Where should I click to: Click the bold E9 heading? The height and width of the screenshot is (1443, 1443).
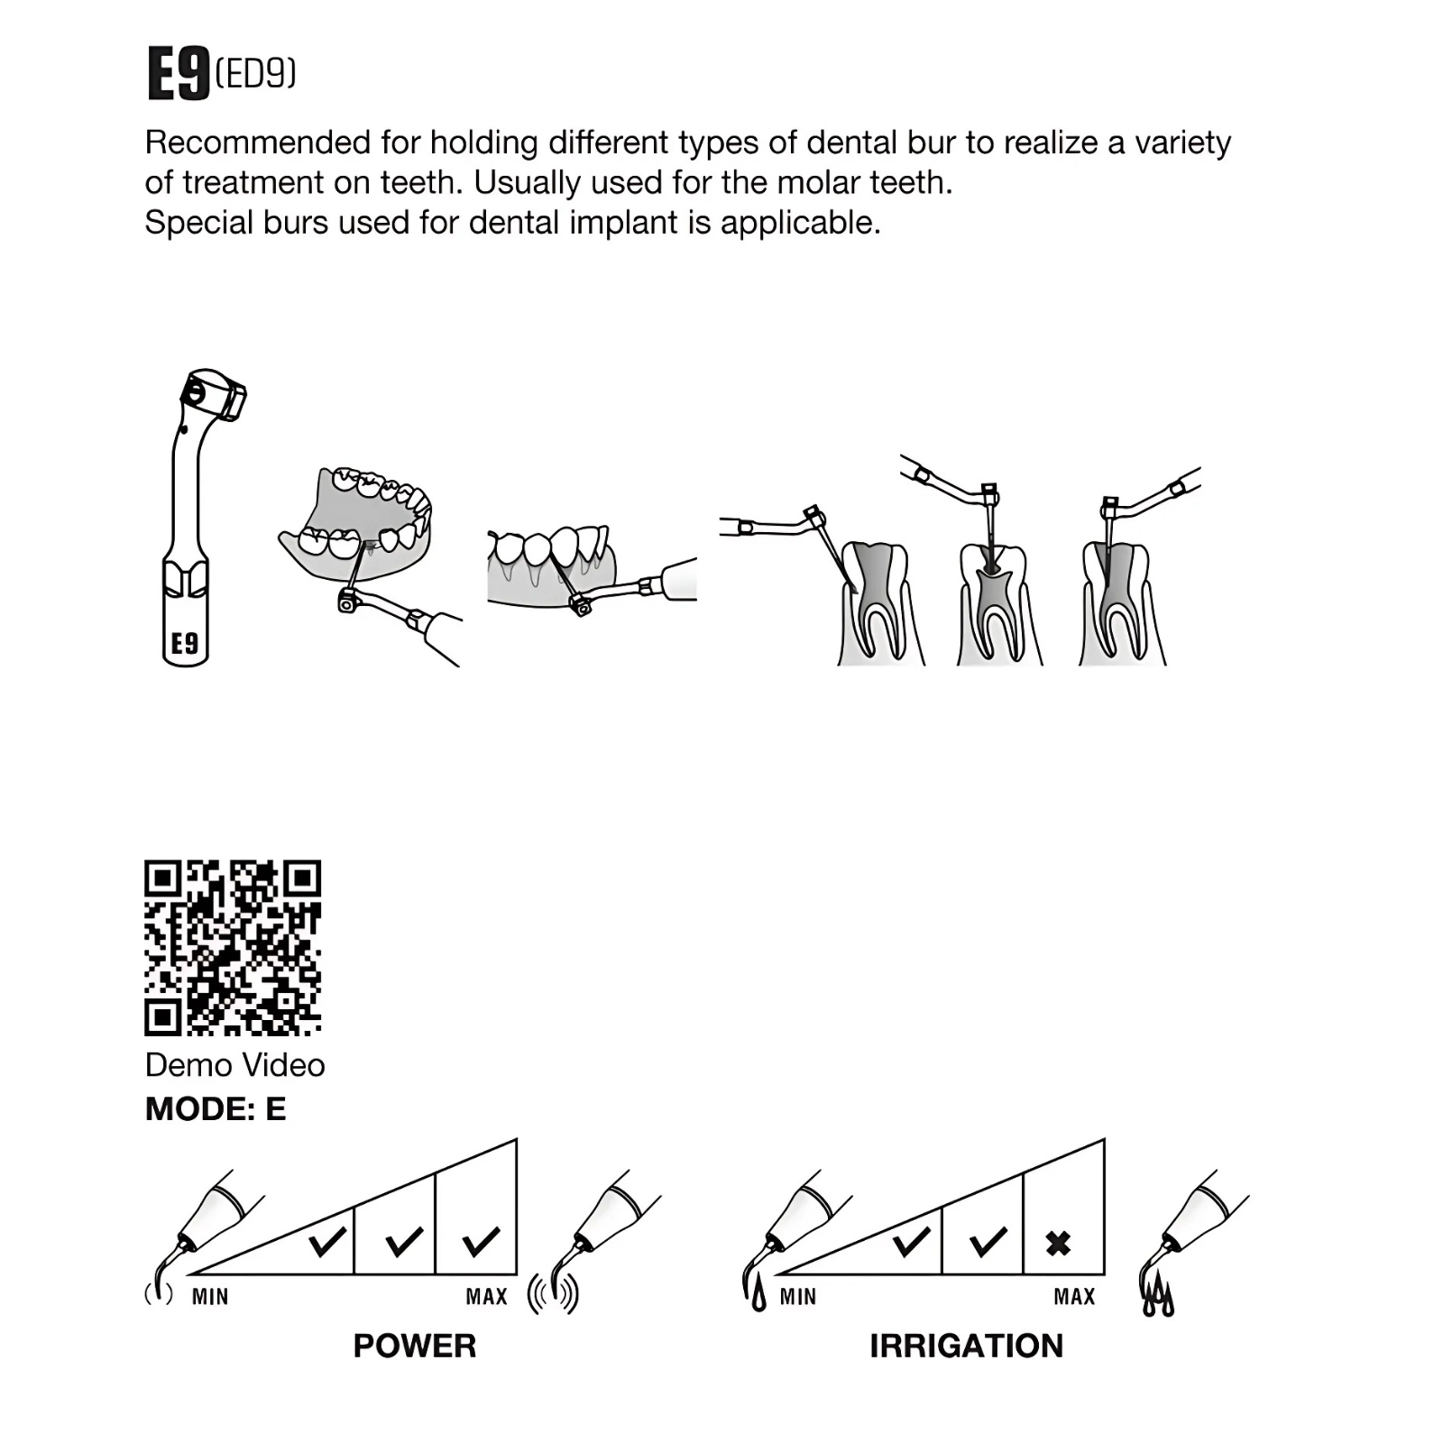(179, 73)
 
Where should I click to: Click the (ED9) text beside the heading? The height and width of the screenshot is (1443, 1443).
(256, 72)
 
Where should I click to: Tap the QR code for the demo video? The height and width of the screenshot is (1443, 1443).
(233, 948)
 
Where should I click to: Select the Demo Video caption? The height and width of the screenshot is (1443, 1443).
(234, 1065)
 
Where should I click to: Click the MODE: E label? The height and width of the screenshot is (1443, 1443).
(216, 1108)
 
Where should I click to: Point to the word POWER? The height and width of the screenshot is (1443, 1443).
(415, 1346)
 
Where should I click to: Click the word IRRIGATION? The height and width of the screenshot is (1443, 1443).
(967, 1346)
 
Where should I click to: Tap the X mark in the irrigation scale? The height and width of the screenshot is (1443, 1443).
(1059, 1244)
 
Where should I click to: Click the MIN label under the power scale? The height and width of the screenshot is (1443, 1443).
(210, 1297)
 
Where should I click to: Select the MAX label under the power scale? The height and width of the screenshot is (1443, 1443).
(487, 1297)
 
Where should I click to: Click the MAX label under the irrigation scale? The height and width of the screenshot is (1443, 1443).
(1075, 1297)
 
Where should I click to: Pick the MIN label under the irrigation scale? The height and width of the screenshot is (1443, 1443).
(798, 1297)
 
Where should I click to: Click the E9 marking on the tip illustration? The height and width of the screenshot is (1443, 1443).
(185, 643)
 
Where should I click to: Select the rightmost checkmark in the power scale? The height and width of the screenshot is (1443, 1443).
(482, 1242)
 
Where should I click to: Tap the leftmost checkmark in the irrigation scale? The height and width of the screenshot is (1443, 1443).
(912, 1242)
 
